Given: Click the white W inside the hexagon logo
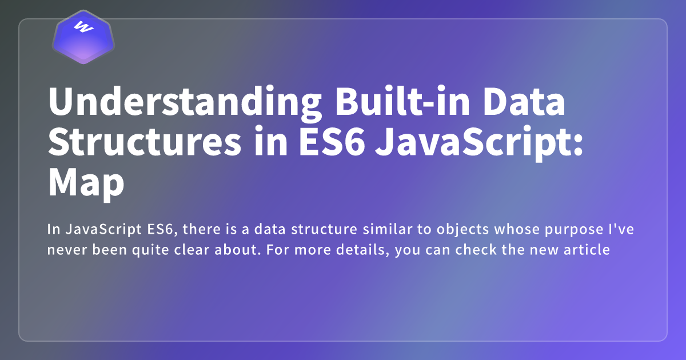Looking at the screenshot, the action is [83, 27].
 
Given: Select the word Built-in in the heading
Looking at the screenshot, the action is [402, 101].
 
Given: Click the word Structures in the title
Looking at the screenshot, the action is [145, 142].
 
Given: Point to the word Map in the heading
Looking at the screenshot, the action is [86, 183].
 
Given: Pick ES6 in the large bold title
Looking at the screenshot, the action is [332, 142].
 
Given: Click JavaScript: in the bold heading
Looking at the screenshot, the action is [478, 143].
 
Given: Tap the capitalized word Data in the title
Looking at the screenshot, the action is [524, 101].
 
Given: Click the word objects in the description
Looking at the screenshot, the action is [462, 230].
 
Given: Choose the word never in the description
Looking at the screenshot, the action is [67, 250].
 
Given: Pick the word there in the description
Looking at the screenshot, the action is [201, 229].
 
